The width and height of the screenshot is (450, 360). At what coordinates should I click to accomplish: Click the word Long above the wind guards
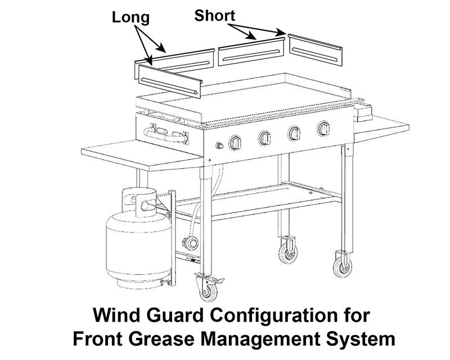(130, 17)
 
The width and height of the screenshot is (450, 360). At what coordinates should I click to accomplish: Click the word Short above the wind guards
(214, 16)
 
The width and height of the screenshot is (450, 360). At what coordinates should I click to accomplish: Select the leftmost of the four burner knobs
(235, 143)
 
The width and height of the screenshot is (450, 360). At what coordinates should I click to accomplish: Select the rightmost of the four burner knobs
(323, 129)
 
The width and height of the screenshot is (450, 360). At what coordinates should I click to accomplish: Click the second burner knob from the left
(265, 138)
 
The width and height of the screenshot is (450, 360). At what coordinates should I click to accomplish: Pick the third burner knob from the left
(294, 134)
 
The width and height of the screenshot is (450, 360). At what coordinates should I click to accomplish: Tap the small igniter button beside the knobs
(219, 147)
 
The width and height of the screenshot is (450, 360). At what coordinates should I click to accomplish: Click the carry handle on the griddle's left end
(165, 135)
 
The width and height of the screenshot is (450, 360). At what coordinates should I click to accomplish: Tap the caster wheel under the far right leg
(343, 264)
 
